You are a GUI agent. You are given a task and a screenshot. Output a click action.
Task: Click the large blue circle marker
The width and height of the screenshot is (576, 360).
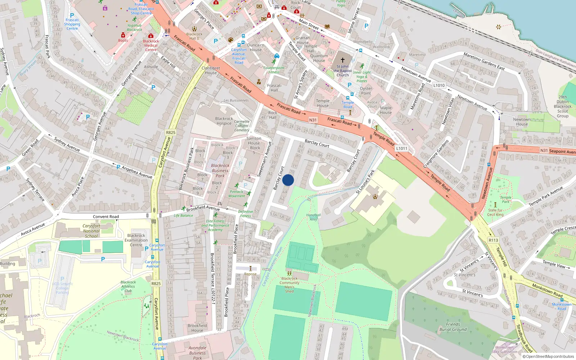pyautogui.click(x=288, y=180)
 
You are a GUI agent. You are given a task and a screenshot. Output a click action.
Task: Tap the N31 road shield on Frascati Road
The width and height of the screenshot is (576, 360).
pyautogui.click(x=313, y=120)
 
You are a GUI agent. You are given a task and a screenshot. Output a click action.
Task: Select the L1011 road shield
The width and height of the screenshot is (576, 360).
pyautogui.click(x=401, y=148)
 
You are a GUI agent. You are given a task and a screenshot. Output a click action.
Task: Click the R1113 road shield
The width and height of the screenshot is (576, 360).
pyautogui.click(x=493, y=240)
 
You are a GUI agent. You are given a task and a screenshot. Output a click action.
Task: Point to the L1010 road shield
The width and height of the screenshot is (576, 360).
pyautogui.click(x=439, y=85)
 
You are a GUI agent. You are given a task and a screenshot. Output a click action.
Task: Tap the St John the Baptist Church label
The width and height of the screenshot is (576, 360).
pyautogui.click(x=343, y=71)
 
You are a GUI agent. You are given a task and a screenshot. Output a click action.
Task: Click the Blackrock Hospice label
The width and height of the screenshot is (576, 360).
pyautogui.click(x=224, y=121)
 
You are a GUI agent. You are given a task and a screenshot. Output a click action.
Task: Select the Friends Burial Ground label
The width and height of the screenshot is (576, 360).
pyautogui.click(x=453, y=327)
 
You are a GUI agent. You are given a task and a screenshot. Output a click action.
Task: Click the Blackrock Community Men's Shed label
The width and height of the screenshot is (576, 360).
pyautogui.click(x=289, y=285)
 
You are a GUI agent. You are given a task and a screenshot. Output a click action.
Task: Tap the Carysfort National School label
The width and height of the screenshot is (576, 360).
pyautogui.click(x=91, y=231)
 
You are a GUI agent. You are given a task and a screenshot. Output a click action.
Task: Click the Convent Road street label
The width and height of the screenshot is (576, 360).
pyautogui.click(x=106, y=217)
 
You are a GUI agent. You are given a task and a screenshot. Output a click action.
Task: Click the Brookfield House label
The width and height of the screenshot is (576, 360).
pyautogui.click(x=197, y=328)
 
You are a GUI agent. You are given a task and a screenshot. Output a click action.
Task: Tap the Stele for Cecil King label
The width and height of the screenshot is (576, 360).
pyautogui.click(x=495, y=212)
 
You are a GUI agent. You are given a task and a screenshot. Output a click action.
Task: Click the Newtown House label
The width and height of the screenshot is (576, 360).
pyautogui.click(x=522, y=122)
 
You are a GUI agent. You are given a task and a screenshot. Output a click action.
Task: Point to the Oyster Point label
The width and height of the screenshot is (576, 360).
pyautogui.click(x=366, y=91)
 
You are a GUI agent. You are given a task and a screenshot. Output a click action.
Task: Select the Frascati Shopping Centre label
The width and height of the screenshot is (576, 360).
pyautogui.click(x=72, y=24)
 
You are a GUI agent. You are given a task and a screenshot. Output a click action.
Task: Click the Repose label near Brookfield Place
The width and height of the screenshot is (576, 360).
pyautogui.click(x=250, y=274)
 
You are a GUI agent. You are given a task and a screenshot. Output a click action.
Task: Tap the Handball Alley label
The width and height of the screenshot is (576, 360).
pyautogui.click(x=314, y=217)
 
